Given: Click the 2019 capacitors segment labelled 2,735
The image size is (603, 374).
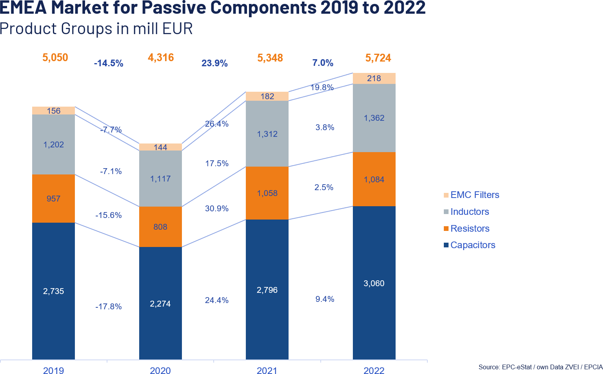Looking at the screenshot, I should coord(53,291).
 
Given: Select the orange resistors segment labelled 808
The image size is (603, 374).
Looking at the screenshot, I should coord(160,227).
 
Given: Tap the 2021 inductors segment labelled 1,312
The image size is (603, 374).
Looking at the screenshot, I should coord(267,134).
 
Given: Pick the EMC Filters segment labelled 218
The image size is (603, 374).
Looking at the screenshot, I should coord(374,78).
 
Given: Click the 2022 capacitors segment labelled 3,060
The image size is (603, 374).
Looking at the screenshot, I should coord(374,283).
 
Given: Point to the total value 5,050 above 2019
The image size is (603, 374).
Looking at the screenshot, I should coord(55,58).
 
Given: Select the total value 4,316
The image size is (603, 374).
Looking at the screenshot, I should coord(161,58).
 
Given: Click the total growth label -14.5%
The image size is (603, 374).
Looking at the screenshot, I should coord(109,63).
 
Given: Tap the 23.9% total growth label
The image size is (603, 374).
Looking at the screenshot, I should coord(214,63).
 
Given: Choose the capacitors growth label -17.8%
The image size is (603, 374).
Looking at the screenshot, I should coord(109,307).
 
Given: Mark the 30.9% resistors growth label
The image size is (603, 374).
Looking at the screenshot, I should coord(217,209).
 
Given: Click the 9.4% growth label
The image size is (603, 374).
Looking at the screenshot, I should coord(325,299).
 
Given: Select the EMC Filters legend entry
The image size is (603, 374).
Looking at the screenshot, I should coord(475,195).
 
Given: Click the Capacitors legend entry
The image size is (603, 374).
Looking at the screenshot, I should coord(473,245).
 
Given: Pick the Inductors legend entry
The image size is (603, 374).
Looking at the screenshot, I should coord(470,212).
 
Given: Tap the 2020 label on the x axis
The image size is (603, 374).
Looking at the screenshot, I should coord(160,370).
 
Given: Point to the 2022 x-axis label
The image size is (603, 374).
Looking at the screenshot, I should coord(374,370).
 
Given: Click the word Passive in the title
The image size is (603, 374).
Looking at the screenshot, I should coord(174,8).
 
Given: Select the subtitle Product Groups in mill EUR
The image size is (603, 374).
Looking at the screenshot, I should coord(96,29).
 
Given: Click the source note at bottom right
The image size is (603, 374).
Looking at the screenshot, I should coord(540,367).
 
